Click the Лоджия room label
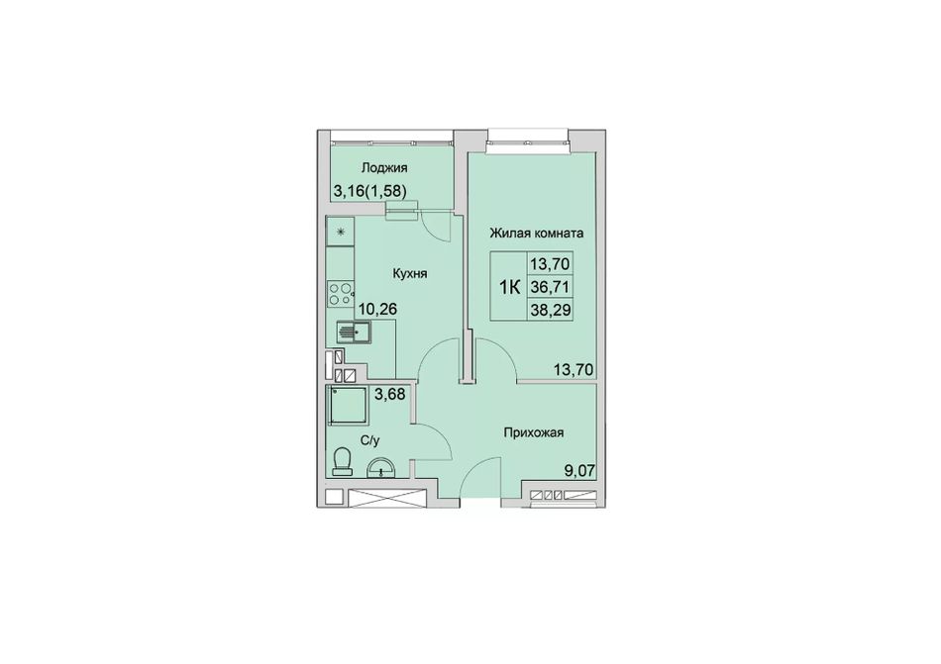tap(384, 168)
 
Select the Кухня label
tap(410, 273)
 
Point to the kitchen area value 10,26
tap(378, 309)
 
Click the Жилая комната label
tap(537, 233)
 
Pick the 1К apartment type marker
tap(509, 288)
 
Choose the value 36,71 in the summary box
tap(550, 287)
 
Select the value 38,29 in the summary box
tap(550, 310)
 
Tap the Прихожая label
tap(534, 432)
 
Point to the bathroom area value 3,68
tap(389, 394)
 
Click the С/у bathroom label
tap(370, 441)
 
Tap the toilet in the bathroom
tap(342, 461)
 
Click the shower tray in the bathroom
tap(347, 405)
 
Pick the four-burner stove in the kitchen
tap(341, 294)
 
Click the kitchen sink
tap(353, 331)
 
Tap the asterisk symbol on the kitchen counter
tap(340, 232)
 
